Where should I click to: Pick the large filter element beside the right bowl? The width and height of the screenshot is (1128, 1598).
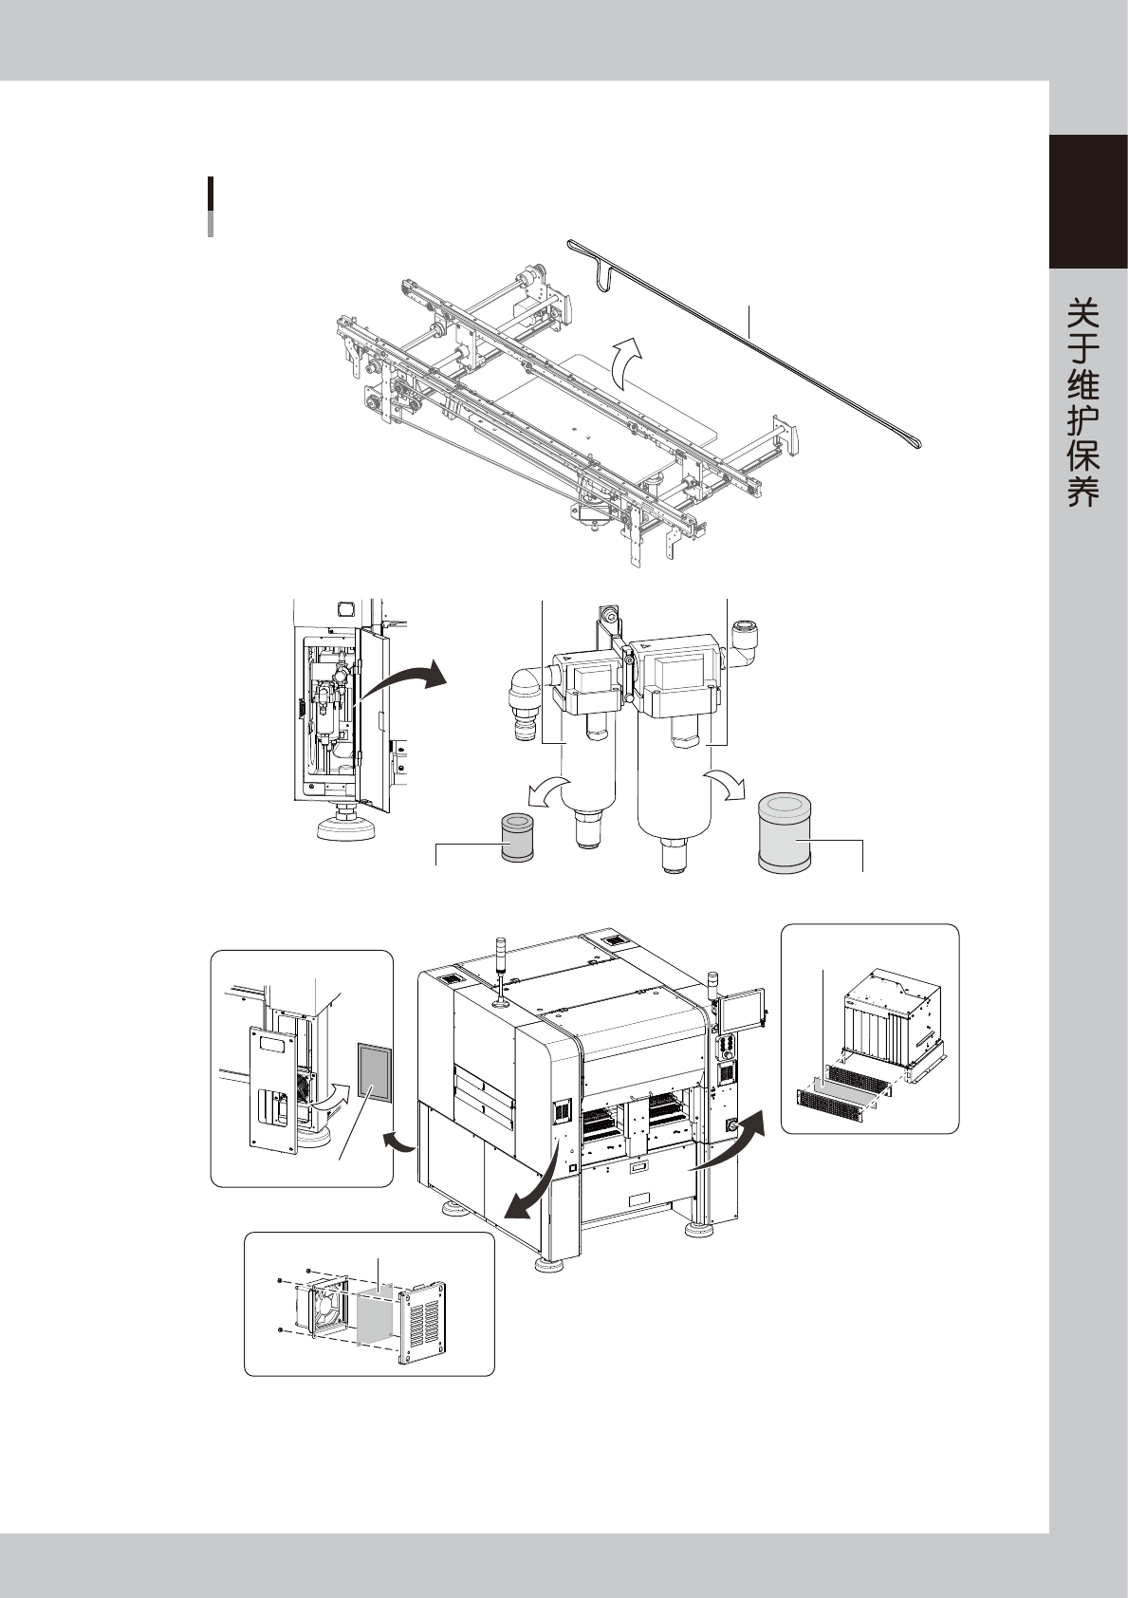(784, 833)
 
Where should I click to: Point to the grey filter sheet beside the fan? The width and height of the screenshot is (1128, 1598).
(379, 1313)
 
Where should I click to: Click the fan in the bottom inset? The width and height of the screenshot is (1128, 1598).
(322, 1309)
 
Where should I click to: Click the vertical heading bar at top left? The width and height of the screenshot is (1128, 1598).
(211, 205)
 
